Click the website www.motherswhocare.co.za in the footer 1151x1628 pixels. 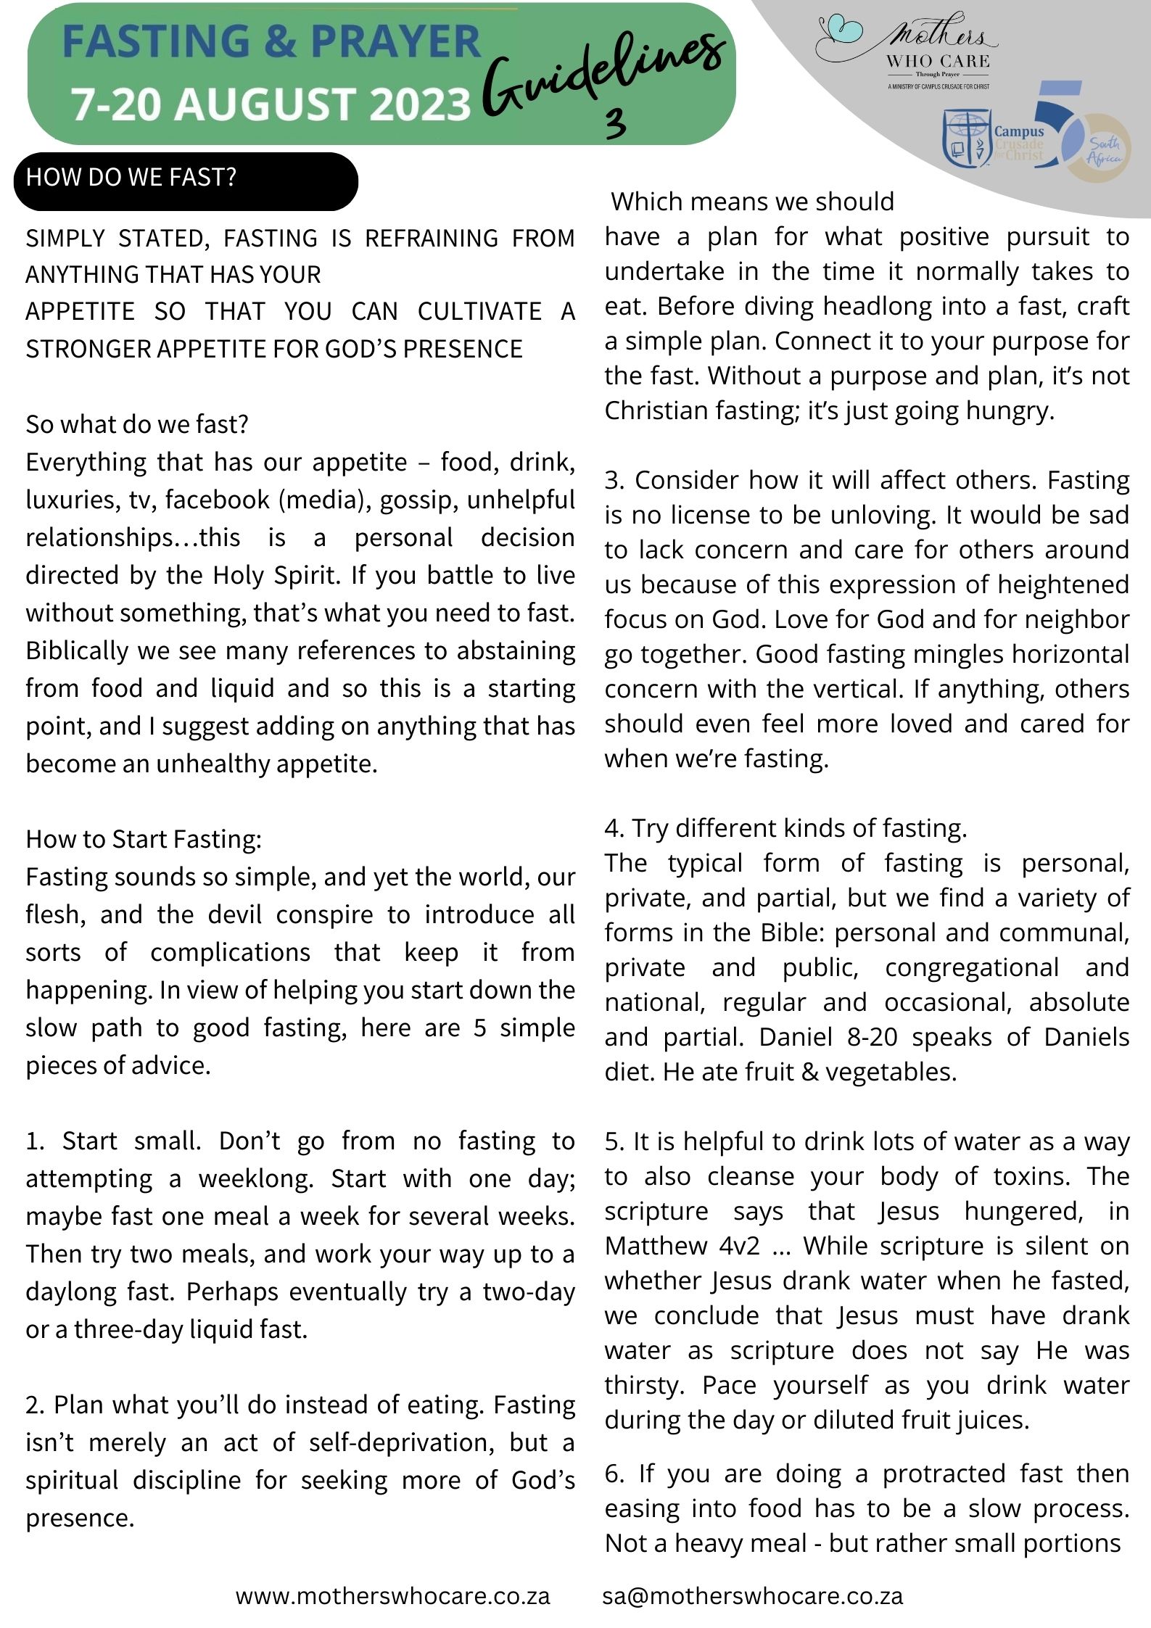(x=392, y=1595)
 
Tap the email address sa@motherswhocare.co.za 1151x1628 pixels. (x=752, y=1595)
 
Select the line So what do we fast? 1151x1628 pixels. (x=137, y=424)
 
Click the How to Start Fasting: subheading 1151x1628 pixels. (x=144, y=839)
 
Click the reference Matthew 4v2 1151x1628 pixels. (x=682, y=1246)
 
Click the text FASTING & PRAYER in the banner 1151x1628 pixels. (x=271, y=41)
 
